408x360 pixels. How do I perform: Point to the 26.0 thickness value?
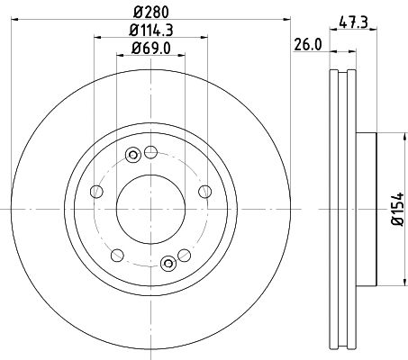coord(308,43)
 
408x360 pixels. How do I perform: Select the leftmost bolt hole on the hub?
coord(94,190)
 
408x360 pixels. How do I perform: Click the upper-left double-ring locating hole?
coord(132,155)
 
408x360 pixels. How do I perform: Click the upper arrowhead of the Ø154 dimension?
coord(384,138)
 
